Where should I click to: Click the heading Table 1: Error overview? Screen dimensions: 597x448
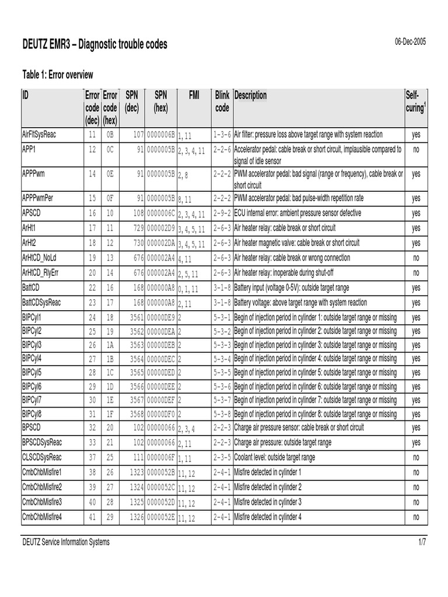click(58, 74)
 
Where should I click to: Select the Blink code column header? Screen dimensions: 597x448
click(222, 101)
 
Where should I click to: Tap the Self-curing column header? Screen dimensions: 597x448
click(415, 101)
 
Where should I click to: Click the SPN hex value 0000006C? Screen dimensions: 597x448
click(160, 213)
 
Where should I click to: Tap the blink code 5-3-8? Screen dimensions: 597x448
click(222, 415)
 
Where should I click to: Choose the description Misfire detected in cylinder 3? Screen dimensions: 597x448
click(268, 502)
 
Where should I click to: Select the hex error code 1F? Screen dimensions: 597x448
click(110, 415)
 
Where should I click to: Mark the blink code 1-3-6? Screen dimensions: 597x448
click(222, 134)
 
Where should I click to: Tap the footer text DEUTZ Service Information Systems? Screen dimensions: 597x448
click(65, 542)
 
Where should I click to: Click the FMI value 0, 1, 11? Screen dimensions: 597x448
click(188, 289)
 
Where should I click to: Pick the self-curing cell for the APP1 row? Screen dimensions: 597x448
click(416, 149)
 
